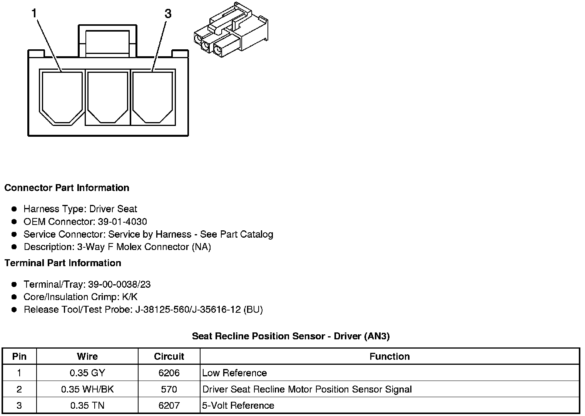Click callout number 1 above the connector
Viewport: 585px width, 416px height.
coord(34,14)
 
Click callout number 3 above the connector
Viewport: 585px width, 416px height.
coord(168,14)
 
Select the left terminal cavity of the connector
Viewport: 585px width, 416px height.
coord(62,96)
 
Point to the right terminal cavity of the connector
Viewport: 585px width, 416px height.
coord(153,96)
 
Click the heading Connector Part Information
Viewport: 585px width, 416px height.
coord(67,188)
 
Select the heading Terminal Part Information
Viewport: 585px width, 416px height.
coord(63,263)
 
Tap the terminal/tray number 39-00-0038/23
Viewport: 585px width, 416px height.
coord(119,285)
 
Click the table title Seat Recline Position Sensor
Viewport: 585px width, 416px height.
coord(291,336)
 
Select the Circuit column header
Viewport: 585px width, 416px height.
coord(169,357)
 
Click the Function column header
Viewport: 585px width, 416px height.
coord(389,357)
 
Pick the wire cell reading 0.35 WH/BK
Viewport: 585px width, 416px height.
coord(87,389)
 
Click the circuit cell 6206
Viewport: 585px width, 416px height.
coord(169,373)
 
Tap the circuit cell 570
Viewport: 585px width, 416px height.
coord(169,389)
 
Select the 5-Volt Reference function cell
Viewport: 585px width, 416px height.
coord(238,406)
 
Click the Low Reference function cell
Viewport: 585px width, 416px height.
coord(234,373)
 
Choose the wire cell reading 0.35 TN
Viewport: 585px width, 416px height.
coord(87,406)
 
